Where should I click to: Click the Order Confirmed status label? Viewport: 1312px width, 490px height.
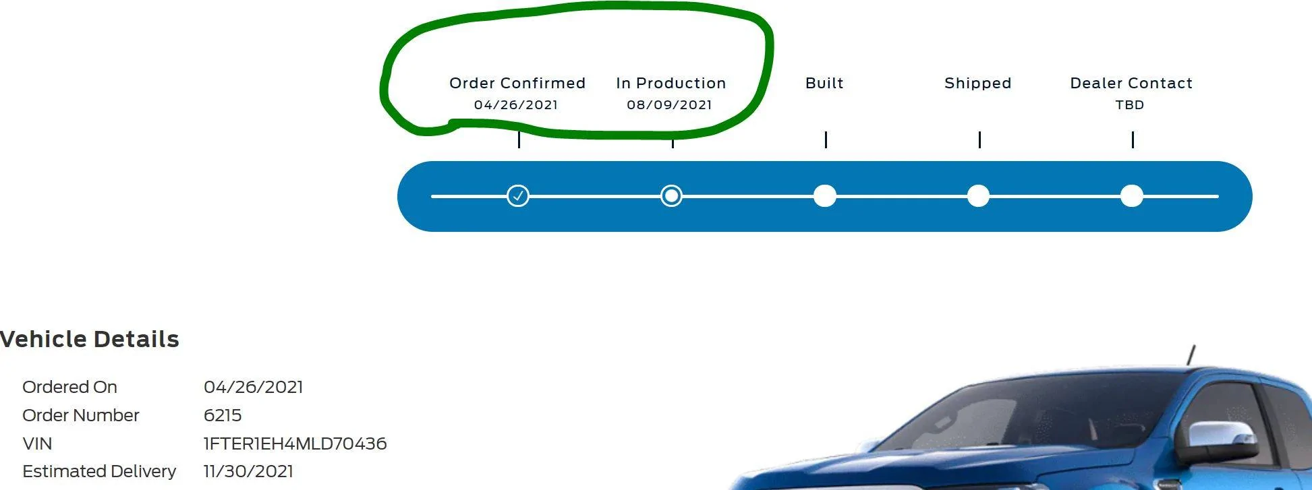[x=517, y=83]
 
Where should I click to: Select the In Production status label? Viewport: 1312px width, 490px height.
[x=671, y=83]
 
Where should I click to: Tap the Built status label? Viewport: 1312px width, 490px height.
[x=824, y=83]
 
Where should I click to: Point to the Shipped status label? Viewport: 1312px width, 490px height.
[x=978, y=83]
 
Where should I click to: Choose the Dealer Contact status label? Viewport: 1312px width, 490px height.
[x=1131, y=83]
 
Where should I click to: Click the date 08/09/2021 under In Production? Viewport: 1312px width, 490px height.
[x=669, y=104]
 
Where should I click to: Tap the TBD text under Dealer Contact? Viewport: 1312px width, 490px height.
[x=1130, y=104]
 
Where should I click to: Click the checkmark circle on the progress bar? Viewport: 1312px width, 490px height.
[x=518, y=196]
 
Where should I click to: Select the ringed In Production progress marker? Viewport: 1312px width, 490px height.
[x=671, y=196]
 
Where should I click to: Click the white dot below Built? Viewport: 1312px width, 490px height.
[x=825, y=196]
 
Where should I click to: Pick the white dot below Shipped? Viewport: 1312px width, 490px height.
[x=978, y=196]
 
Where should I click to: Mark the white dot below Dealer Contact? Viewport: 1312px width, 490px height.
[x=1132, y=196]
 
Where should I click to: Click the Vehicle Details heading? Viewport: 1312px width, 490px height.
[x=89, y=339]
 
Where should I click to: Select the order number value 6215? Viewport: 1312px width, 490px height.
[x=223, y=415]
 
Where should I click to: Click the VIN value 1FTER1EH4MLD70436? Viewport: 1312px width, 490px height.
[x=295, y=443]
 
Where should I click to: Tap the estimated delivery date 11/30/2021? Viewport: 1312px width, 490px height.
[x=248, y=471]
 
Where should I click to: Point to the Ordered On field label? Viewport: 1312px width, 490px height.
[x=69, y=387]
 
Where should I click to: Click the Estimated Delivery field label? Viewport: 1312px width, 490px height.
[x=99, y=471]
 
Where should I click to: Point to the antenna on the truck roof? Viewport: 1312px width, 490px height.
[x=1191, y=355]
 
